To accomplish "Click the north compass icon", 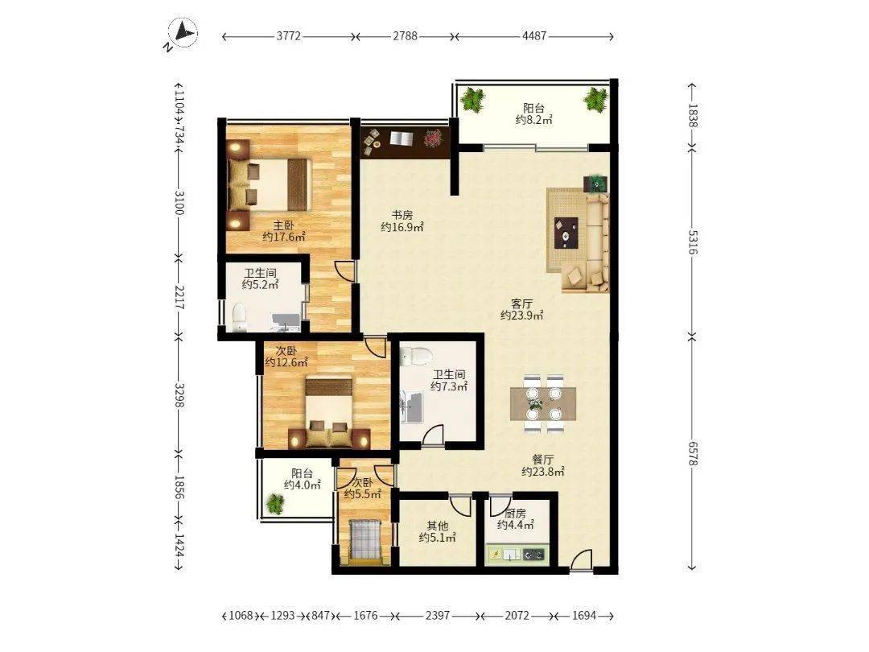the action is [x=183, y=33].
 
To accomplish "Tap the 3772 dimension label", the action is [x=288, y=36].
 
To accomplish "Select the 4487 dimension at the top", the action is [x=533, y=36].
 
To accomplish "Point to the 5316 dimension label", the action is [x=692, y=242].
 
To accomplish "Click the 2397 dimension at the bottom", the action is [x=437, y=616].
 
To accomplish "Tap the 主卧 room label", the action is [x=283, y=225].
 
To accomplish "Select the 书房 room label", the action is [x=402, y=215].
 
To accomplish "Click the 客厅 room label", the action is [x=521, y=303].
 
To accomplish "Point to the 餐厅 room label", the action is [x=542, y=460].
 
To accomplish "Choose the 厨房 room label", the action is [x=516, y=514].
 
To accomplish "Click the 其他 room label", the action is [x=437, y=526].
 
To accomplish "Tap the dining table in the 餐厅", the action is [x=543, y=403].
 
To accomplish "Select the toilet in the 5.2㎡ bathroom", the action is [x=239, y=318].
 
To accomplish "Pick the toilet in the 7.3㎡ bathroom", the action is [x=416, y=356].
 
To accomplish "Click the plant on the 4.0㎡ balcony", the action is [x=274, y=503].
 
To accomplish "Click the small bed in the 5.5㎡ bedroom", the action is [x=364, y=541].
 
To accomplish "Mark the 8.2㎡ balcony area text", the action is [x=534, y=120].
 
